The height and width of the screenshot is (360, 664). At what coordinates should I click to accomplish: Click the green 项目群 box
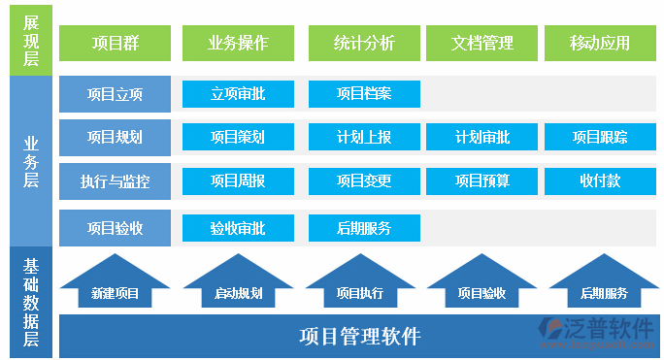(115, 43)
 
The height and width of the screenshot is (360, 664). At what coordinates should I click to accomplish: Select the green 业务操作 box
(238, 43)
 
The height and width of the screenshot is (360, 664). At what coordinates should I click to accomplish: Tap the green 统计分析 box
(364, 43)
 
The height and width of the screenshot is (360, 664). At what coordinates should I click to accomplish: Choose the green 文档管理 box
(482, 43)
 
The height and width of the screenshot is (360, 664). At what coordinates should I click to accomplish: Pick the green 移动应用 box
(600, 43)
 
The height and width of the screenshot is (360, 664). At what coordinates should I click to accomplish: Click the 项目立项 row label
(115, 94)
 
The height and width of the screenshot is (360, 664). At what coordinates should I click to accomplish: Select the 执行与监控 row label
(115, 180)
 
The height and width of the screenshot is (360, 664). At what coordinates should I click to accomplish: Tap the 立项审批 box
(238, 94)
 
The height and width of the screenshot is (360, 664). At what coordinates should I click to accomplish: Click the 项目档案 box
(364, 94)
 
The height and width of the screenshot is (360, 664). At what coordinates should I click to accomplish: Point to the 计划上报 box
(364, 137)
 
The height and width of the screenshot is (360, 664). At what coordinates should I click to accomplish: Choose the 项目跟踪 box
(600, 137)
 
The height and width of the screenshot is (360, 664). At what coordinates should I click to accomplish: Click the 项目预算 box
(482, 180)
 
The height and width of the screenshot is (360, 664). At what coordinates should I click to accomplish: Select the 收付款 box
(600, 180)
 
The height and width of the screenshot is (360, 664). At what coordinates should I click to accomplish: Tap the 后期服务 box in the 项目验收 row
(364, 228)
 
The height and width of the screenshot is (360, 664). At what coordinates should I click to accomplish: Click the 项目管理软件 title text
(359, 337)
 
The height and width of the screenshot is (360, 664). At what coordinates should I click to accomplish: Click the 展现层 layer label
(31, 39)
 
